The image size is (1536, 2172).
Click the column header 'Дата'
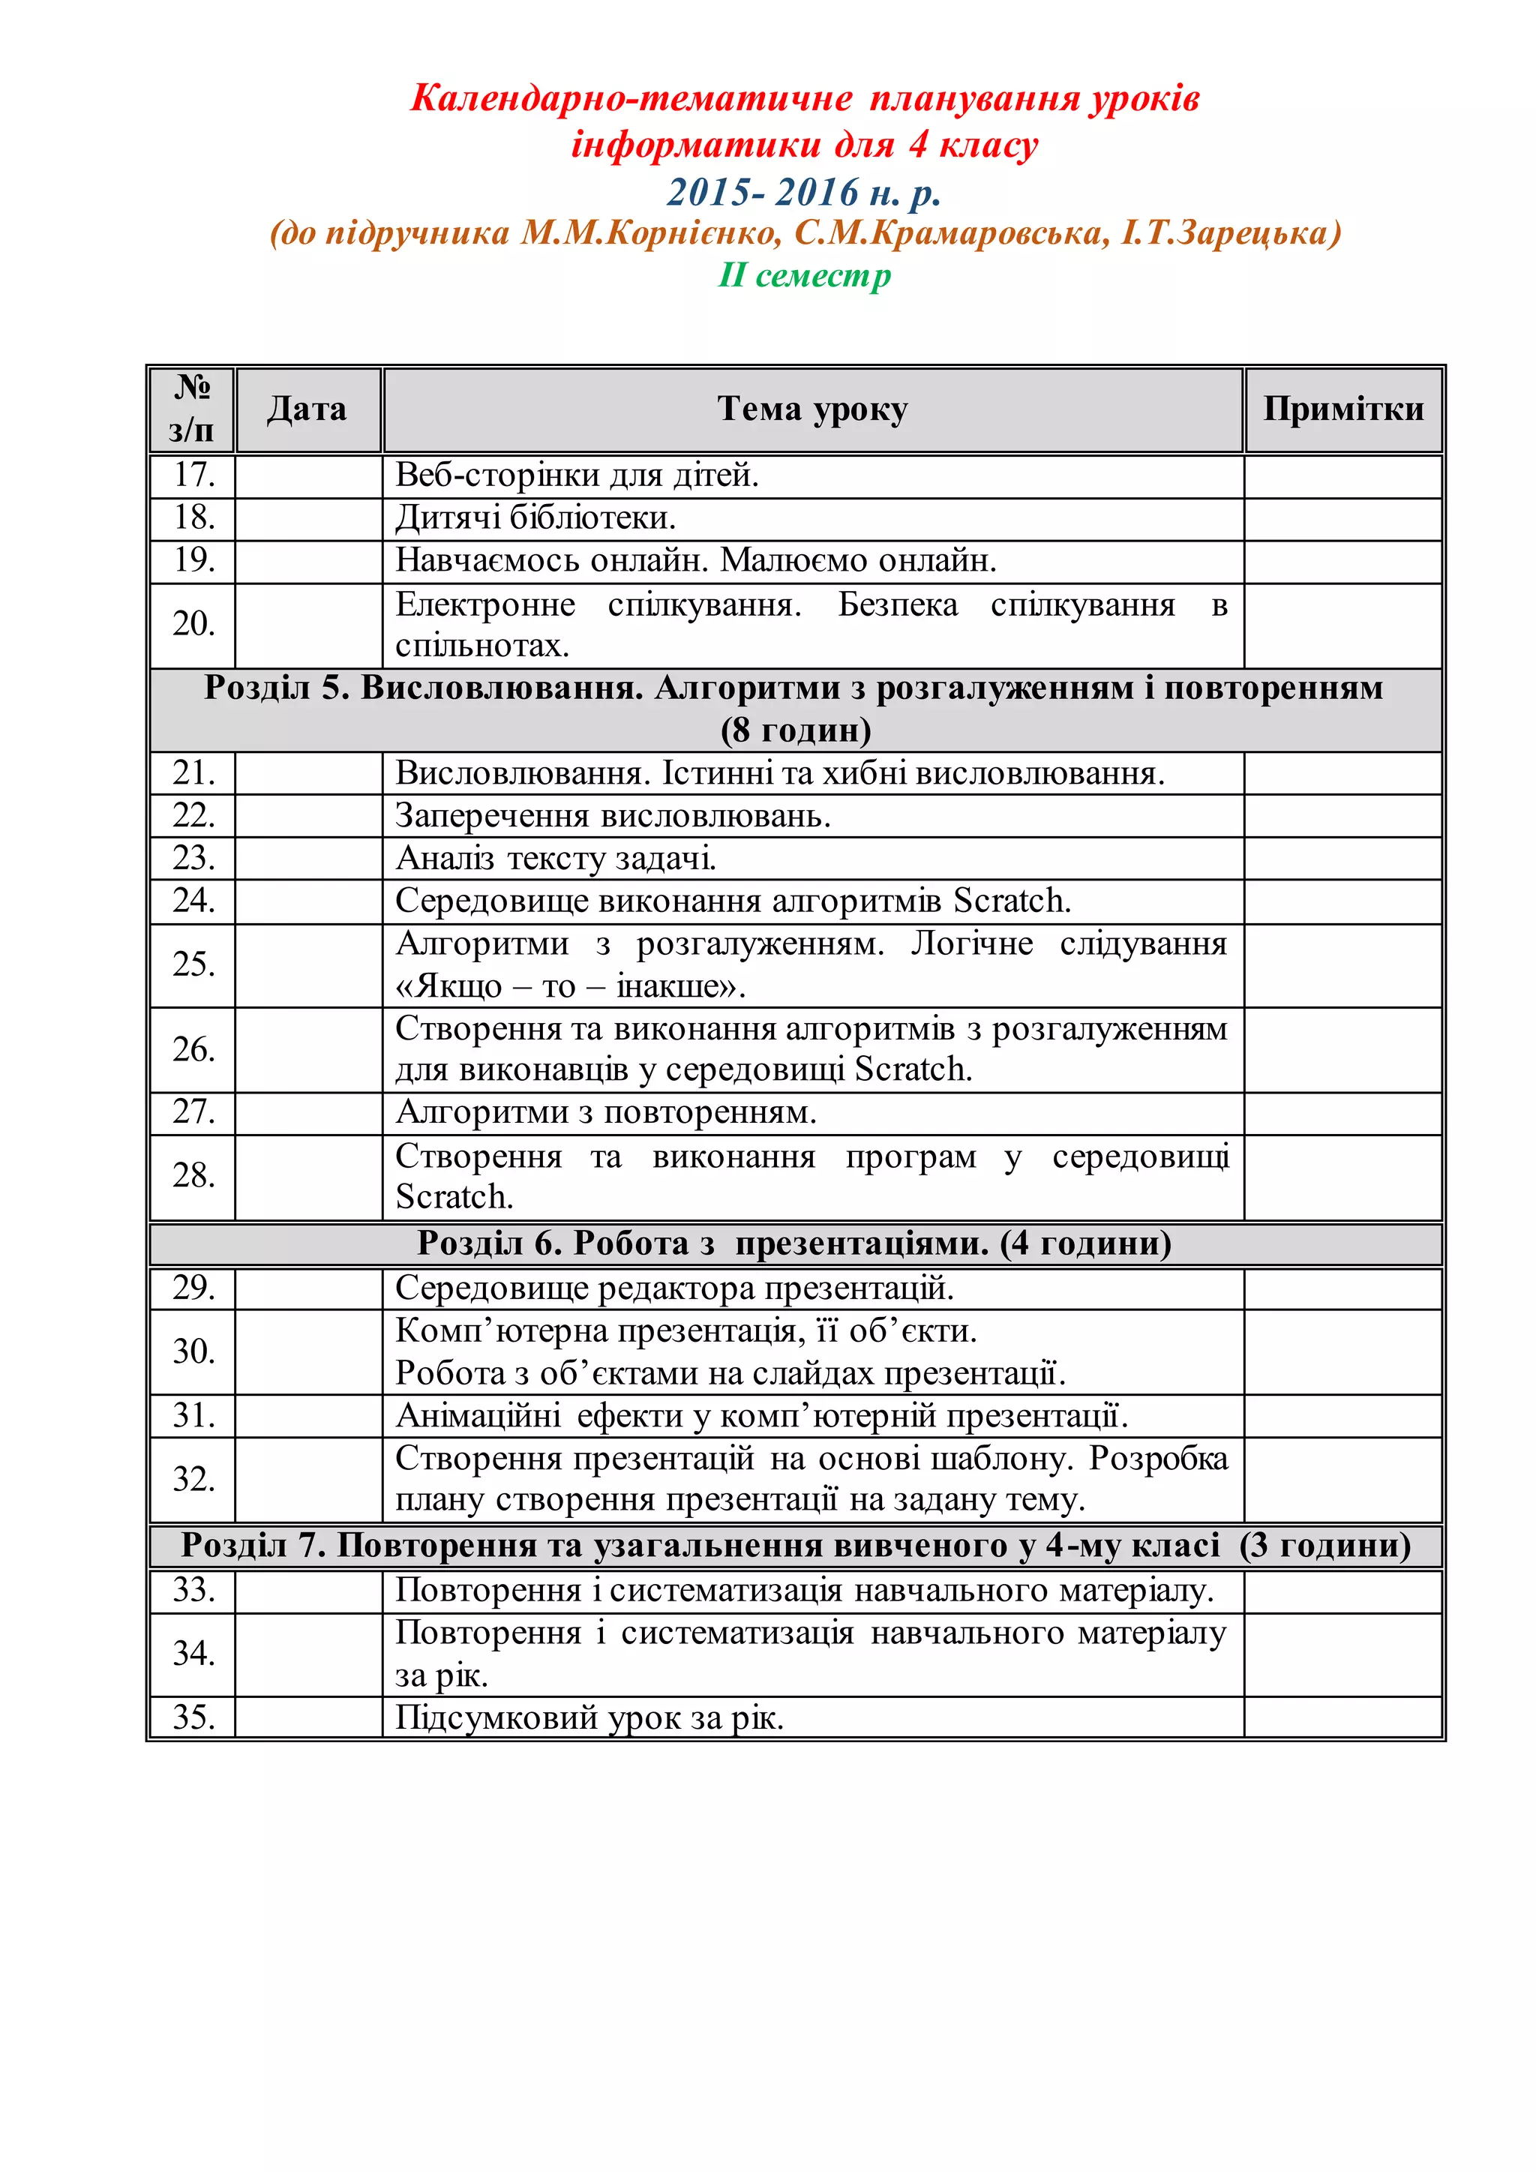307,409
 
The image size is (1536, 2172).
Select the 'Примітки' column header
1343,409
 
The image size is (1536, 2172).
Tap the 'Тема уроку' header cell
811,409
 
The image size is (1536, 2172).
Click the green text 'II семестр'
804,275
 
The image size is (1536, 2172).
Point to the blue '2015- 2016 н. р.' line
804,192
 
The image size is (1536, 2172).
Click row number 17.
194,475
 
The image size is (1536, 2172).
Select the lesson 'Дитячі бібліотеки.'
535,518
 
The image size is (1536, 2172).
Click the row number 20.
194,624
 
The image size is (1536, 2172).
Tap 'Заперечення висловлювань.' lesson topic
612,815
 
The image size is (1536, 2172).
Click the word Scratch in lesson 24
1010,901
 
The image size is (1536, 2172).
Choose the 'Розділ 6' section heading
794,1243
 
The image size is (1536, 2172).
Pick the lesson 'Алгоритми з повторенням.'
605,1112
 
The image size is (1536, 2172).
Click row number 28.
194,1176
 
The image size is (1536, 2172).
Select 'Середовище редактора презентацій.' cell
674,1288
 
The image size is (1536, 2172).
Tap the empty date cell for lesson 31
308,1416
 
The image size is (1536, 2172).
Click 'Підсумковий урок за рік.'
589,1717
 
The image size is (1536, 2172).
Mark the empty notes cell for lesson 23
1343,858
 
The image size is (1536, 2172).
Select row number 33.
194,1590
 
